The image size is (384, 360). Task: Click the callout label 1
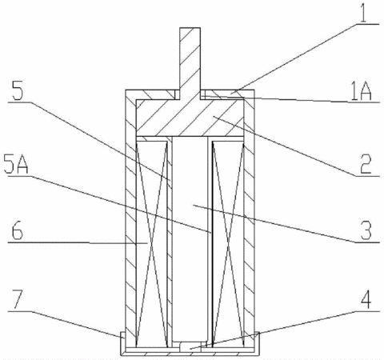(363, 11)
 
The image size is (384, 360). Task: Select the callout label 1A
(361, 92)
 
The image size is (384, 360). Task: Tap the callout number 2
(366, 164)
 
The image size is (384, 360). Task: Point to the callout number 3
(366, 230)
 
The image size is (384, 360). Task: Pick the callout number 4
(366, 299)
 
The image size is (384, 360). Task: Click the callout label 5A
(16, 165)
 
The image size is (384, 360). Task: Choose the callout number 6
(18, 231)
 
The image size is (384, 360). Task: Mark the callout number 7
(17, 300)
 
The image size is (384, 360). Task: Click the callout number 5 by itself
(18, 90)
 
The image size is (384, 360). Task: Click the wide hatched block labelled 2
(190, 118)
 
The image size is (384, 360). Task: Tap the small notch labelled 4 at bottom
(189, 347)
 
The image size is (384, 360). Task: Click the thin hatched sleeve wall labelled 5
(170, 242)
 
